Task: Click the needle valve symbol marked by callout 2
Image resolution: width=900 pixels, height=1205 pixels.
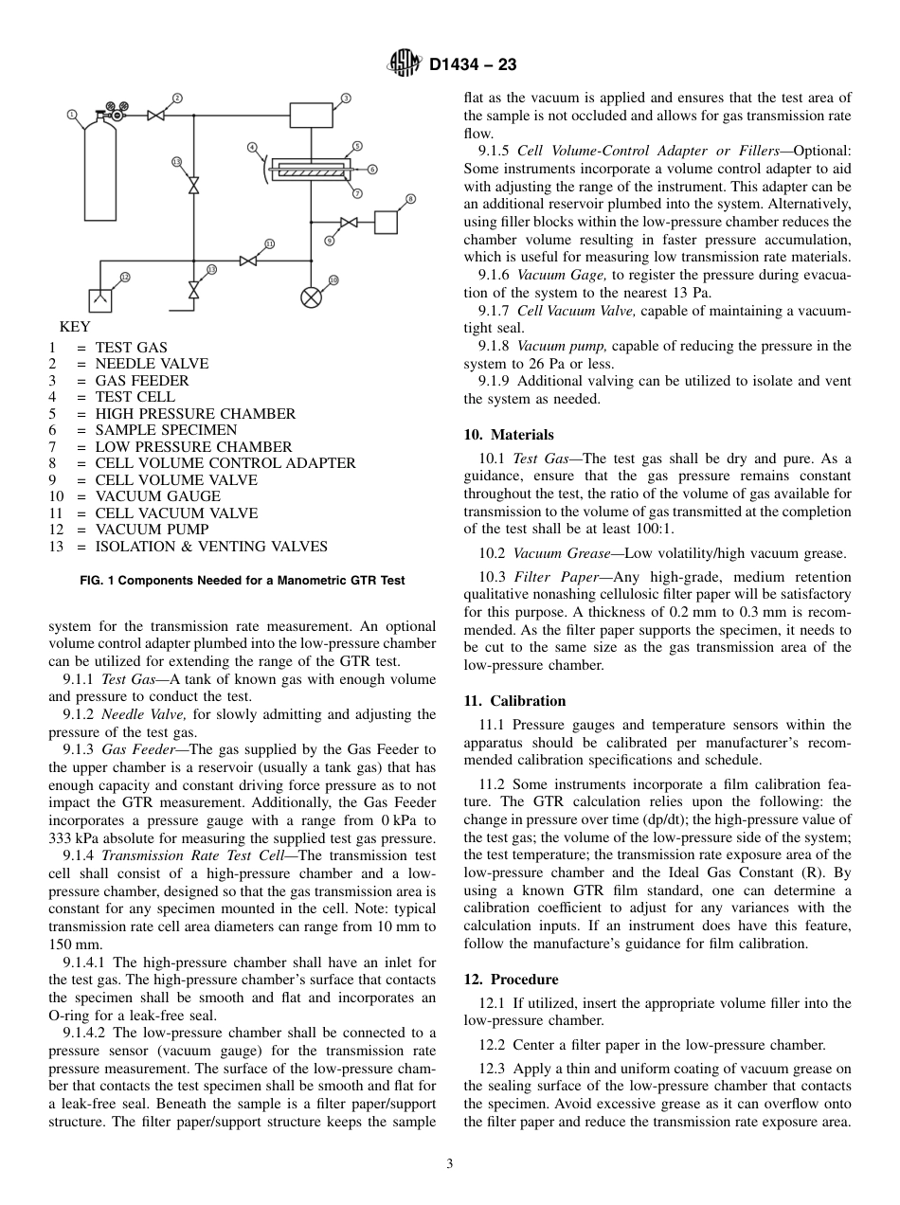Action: pos(156,116)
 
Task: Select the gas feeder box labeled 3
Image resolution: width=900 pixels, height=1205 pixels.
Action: pos(311,116)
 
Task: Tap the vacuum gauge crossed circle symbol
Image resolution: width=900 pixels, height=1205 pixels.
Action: pos(311,297)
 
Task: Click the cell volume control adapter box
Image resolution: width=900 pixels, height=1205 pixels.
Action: pos(386,222)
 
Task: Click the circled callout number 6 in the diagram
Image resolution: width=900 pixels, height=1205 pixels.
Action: pos(372,169)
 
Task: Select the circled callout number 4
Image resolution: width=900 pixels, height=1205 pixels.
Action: pos(252,147)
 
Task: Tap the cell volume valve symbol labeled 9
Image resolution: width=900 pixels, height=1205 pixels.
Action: pos(349,223)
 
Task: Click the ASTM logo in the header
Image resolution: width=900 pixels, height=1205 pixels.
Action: pos(405,64)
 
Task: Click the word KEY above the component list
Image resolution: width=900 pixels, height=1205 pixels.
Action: pos(75,327)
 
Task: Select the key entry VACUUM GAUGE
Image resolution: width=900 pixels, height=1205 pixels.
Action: pos(157,496)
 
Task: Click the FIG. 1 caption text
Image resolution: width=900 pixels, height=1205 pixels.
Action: pos(243,581)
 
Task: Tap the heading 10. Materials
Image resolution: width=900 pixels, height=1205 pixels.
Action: pos(509,435)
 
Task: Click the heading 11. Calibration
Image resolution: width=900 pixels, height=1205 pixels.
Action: pos(514,701)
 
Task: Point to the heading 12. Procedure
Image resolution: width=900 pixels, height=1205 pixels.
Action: pos(511,980)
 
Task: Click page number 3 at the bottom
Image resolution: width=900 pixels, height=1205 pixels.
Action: pos(450,1164)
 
